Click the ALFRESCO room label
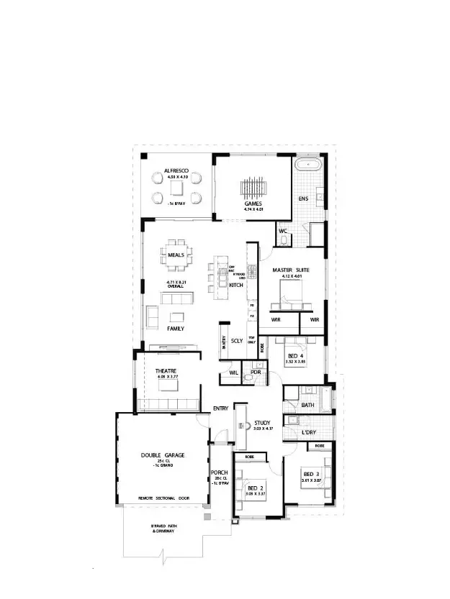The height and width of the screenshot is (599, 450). pos(176,170)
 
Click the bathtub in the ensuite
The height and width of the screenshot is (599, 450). pos(310,165)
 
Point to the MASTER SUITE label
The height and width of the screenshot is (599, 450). pos(291,270)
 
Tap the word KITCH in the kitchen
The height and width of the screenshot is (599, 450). pos(236,285)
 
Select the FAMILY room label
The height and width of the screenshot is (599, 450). pos(176,329)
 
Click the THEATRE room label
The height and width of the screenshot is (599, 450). pos(167,370)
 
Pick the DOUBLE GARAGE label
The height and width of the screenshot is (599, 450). pos(163,456)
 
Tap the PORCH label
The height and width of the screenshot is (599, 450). pos(220,472)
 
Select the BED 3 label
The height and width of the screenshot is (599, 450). pos(312,474)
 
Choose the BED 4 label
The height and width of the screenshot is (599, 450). pos(296,357)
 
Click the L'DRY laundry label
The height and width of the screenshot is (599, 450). pos(312,432)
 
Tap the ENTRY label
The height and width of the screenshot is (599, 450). pos(220,408)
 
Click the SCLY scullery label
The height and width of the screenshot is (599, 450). pos(237,341)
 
